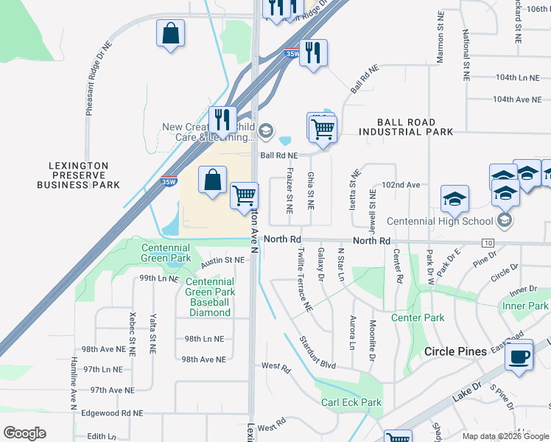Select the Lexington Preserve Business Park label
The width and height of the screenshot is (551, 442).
coord(79,175)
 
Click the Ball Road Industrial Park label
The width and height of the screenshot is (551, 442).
coord(406,127)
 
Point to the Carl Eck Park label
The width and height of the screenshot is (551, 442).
coord(351,402)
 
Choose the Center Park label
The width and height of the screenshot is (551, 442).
coord(418,318)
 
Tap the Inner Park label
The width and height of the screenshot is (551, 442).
coord(525,306)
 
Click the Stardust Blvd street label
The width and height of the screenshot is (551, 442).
coord(317,353)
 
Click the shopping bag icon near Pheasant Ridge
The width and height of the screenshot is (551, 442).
coord(170,34)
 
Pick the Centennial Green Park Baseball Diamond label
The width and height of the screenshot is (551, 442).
coord(210,297)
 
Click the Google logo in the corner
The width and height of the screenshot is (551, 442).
coord(24,433)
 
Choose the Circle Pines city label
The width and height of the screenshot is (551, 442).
coord(455,351)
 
